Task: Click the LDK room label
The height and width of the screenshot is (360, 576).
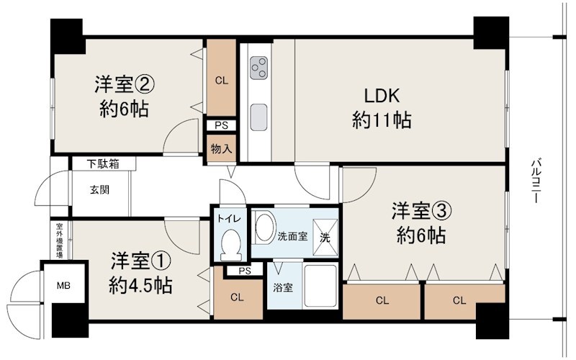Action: click(x=382, y=97)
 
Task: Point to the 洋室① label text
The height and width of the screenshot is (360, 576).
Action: click(x=140, y=261)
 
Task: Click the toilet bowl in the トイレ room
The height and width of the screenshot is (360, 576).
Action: click(x=230, y=245)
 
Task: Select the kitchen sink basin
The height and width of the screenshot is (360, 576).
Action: click(x=258, y=114)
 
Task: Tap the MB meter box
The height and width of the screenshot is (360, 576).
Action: click(x=64, y=284)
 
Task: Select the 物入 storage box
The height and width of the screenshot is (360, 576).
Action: click(x=221, y=150)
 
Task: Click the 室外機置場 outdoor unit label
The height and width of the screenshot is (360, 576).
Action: click(x=59, y=241)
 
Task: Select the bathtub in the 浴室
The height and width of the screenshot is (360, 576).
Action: click(x=319, y=287)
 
